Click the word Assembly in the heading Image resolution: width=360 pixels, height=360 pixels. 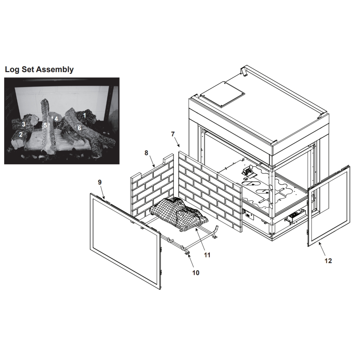coord(56,70)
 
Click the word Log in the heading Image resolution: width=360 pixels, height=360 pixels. coord(12,70)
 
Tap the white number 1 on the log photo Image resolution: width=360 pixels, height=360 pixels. coord(84,115)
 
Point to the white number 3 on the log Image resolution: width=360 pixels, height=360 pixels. coord(24,124)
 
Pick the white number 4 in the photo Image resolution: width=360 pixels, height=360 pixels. coord(56,119)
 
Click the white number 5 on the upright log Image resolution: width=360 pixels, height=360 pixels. coord(45,125)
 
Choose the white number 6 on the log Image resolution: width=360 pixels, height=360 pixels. coord(80,128)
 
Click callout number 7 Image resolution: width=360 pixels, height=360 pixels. coord(173,134)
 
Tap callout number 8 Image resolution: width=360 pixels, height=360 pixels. coord(147,153)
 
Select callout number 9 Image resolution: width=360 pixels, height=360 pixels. coord(100,182)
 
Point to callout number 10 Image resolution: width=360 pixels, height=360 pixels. coord(196,273)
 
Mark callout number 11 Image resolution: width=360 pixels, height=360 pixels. coord(207,255)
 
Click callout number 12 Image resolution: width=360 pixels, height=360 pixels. coord(328,261)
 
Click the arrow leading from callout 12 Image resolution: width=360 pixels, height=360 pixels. coord(322,249)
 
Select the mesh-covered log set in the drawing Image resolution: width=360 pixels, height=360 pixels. coord(179,214)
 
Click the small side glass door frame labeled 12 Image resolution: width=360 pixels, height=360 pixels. coord(329,206)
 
